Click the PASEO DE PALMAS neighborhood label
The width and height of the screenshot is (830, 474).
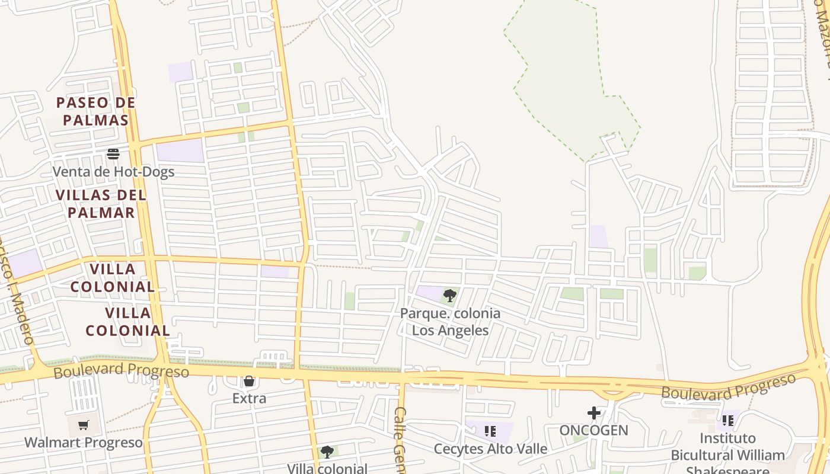[x=96, y=111]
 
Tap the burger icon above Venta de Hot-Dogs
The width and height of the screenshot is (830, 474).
[x=113, y=154]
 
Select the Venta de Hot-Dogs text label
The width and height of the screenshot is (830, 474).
[x=113, y=172]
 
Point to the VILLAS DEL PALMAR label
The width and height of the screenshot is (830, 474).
[x=101, y=203]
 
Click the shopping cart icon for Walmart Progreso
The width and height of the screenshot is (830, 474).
[x=84, y=425]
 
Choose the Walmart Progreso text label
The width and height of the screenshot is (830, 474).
[x=84, y=443]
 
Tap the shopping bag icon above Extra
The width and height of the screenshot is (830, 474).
[x=249, y=381]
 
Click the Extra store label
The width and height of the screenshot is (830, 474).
[x=249, y=398]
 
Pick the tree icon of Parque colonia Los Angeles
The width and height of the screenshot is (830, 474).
[x=450, y=295]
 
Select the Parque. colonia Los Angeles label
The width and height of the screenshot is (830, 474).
[x=450, y=321]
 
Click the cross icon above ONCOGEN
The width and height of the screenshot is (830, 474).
[x=593, y=413]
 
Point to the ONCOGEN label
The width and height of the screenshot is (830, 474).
[x=593, y=430]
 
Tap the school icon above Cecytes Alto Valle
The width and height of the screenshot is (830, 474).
[x=490, y=431]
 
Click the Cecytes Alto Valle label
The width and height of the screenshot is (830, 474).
[x=490, y=449]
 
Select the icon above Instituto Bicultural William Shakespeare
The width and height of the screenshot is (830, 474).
[x=727, y=421]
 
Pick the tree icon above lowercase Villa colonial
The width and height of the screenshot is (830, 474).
[x=327, y=452]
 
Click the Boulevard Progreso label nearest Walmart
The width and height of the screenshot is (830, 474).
[x=121, y=371]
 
